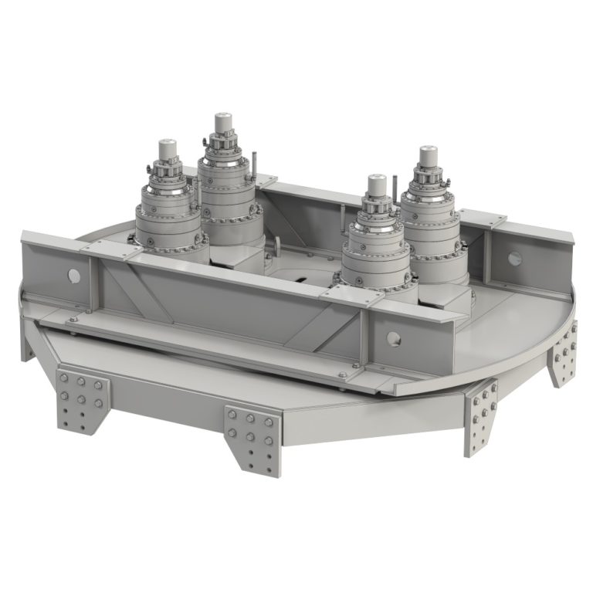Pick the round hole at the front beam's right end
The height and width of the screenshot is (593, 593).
click(395, 337)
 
